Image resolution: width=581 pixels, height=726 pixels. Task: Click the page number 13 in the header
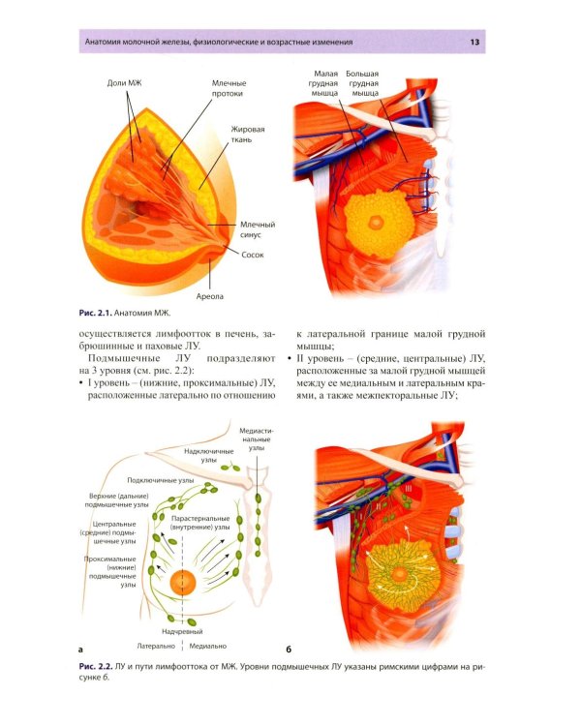coord(474,43)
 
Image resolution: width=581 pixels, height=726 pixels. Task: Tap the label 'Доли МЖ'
coord(125,83)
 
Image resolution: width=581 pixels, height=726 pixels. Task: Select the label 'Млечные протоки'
coord(229,88)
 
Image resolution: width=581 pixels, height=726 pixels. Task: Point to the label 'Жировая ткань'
coord(248,135)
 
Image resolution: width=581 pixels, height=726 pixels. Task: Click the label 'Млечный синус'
coord(258,229)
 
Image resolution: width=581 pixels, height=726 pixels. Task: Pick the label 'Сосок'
coord(253,255)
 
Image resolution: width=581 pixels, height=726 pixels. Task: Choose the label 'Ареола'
coord(209,296)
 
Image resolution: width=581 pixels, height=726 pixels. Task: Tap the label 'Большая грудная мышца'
coord(362,83)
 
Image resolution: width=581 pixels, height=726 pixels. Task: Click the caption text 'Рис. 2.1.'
coord(96,313)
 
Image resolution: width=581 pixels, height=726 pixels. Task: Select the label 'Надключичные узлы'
coord(209,456)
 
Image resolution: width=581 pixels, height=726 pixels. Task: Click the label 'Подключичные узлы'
coord(161,480)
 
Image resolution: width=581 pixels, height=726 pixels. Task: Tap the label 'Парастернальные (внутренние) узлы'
coord(200,523)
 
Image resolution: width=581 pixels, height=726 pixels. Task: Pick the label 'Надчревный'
coord(182,631)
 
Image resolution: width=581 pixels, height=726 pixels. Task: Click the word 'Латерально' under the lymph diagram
coord(156,646)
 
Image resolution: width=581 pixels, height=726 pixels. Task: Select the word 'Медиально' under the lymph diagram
coord(208,646)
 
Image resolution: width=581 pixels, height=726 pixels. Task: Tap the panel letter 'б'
coord(289,650)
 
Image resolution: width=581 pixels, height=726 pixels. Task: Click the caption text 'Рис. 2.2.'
coord(96,667)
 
